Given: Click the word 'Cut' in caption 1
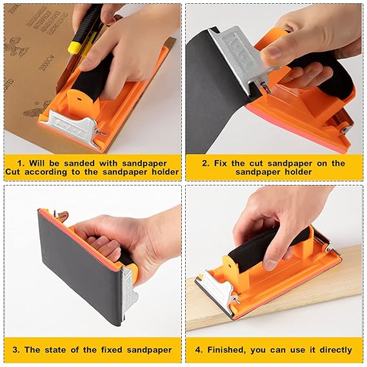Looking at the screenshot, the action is click(x=13, y=172).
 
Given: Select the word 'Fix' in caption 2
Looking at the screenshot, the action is click(x=220, y=163).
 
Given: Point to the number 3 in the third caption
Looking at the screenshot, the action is click(x=15, y=350).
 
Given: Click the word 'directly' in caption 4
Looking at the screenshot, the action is click(x=336, y=350).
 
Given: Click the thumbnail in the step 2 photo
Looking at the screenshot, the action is click(x=272, y=52).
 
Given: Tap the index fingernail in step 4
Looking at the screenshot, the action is click(x=270, y=265).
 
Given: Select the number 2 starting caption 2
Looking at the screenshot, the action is click(x=205, y=163).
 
